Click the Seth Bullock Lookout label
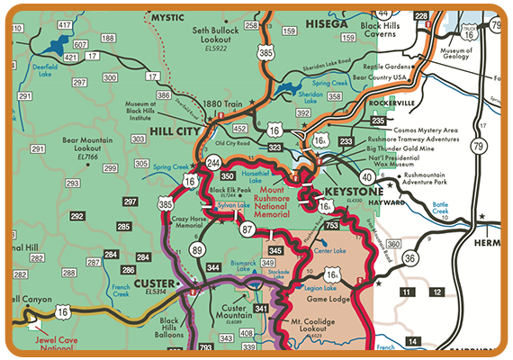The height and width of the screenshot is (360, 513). point(220,35)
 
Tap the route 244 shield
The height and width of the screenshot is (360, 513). point(213,163)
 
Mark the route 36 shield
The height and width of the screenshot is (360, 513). point(411,257)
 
